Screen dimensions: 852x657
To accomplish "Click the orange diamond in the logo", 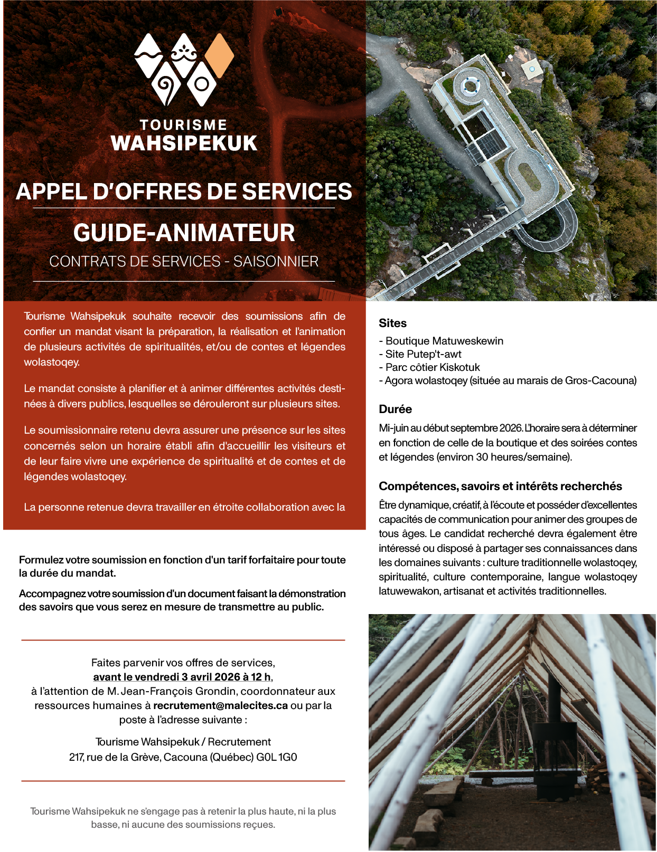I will pyautogui.click(x=219, y=55).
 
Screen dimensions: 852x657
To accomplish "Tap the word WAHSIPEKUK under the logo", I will pyautogui.click(x=184, y=143).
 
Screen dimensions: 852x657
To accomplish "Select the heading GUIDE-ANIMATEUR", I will pyautogui.click(x=184, y=233).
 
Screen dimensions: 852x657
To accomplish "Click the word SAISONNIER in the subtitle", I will pyautogui.click(x=276, y=262).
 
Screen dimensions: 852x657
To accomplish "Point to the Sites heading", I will pyautogui.click(x=392, y=323).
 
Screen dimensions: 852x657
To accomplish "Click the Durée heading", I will pyautogui.click(x=395, y=409).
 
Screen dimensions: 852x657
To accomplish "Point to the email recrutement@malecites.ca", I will pyautogui.click(x=220, y=705).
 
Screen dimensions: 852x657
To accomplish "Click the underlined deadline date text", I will pyautogui.click(x=182, y=677).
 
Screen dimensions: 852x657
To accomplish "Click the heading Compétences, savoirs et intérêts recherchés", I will pyautogui.click(x=500, y=486).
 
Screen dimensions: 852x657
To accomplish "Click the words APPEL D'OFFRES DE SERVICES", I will pyautogui.click(x=184, y=192).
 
